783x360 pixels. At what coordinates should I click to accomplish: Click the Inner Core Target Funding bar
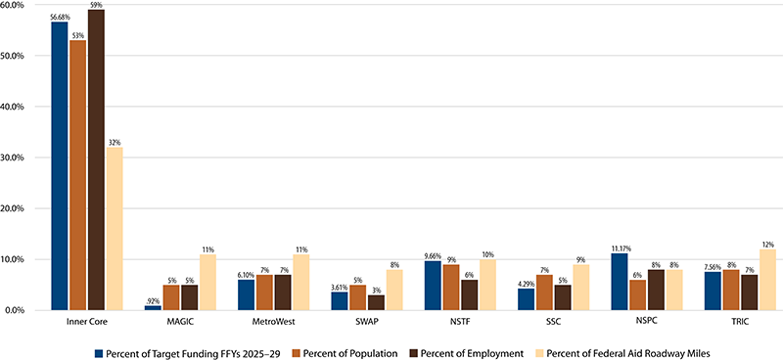coord(60,166)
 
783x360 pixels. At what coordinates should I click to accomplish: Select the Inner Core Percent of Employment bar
coord(96,160)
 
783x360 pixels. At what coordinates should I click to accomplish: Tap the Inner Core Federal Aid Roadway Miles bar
coord(115,229)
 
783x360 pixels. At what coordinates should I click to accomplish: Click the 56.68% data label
coord(60,16)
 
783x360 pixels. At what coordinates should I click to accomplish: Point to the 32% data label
coord(115,143)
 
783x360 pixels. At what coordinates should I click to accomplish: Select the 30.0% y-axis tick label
coord(24,157)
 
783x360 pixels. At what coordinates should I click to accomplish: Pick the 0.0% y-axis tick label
coord(26,310)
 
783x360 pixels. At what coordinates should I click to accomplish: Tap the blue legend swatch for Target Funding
coord(98,349)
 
